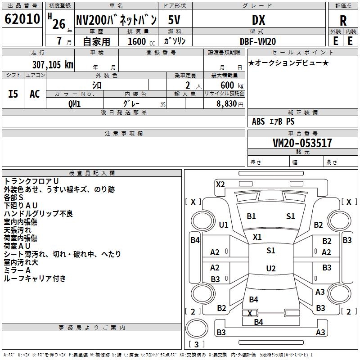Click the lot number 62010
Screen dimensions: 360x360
tap(22, 19)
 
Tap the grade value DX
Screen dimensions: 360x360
tap(258, 19)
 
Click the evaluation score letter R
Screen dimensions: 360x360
tap(343, 20)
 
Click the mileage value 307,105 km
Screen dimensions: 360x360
tap(53, 64)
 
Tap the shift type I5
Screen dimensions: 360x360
tap(13, 94)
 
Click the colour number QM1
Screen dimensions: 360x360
tap(74, 103)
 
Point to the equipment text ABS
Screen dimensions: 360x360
tap(258, 121)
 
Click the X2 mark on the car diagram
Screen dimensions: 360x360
tap(220, 184)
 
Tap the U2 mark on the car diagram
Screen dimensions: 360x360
tap(271, 269)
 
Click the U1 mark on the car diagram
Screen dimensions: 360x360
tap(223, 225)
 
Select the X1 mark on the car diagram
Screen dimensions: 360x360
tap(257, 237)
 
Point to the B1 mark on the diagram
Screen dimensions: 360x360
tap(251, 216)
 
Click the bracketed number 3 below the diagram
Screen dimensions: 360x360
tap(196, 345)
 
